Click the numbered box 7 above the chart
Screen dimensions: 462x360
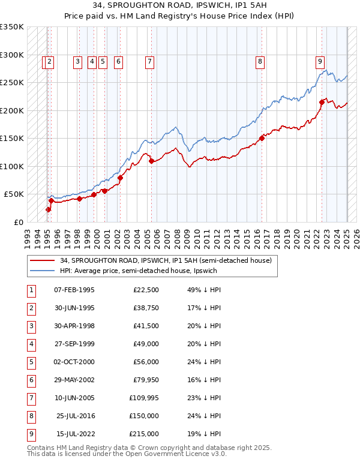point(149,61)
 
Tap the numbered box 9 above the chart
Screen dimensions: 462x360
point(320,61)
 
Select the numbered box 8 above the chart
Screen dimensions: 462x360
point(260,61)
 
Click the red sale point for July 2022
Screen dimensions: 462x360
point(322,103)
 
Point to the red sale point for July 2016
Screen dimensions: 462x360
point(262,138)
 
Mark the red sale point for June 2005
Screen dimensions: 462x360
point(151,161)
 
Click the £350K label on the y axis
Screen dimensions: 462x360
point(12,27)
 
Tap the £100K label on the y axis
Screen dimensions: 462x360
point(12,166)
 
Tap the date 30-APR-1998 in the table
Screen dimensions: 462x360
point(74,326)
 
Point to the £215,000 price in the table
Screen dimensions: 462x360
point(144,434)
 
